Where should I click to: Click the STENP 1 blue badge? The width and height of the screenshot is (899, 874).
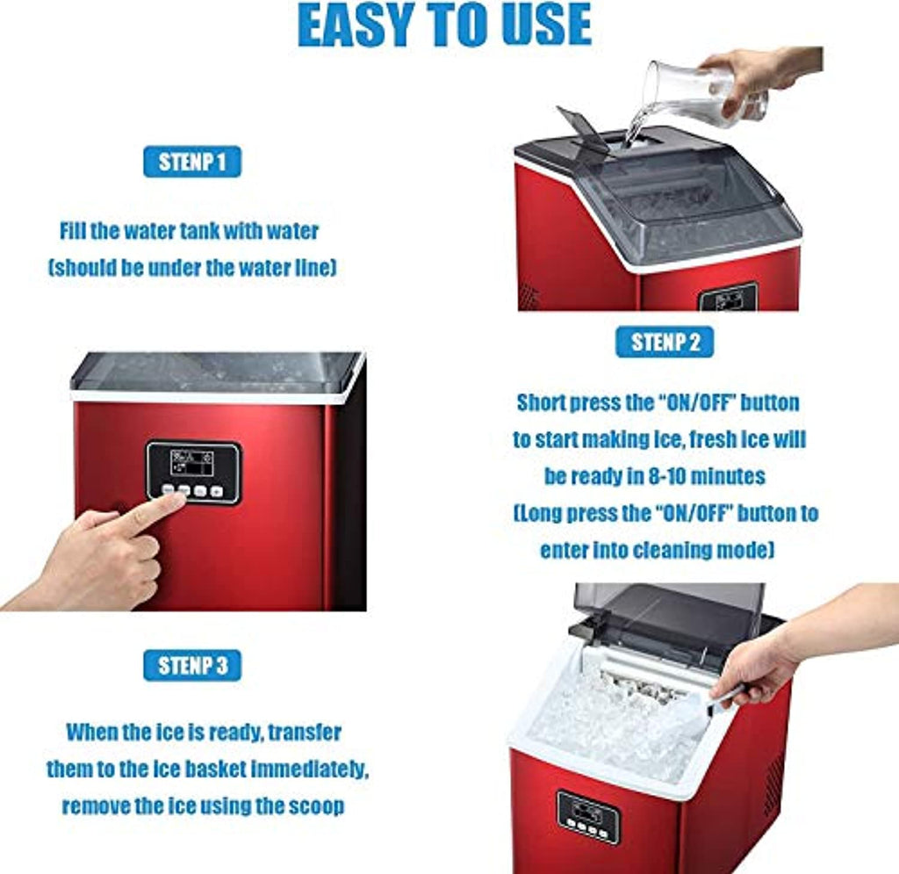click(192, 162)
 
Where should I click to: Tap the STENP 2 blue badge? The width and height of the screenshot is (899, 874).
click(665, 342)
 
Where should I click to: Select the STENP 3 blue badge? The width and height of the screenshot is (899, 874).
click(192, 665)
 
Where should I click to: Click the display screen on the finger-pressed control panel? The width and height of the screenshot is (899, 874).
click(192, 463)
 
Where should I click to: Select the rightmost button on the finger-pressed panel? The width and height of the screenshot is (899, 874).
click(216, 492)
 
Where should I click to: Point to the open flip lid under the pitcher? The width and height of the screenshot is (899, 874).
click(582, 130)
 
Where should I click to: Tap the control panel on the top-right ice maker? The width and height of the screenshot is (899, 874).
click(727, 298)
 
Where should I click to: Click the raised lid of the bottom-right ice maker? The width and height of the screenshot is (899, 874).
click(670, 614)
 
